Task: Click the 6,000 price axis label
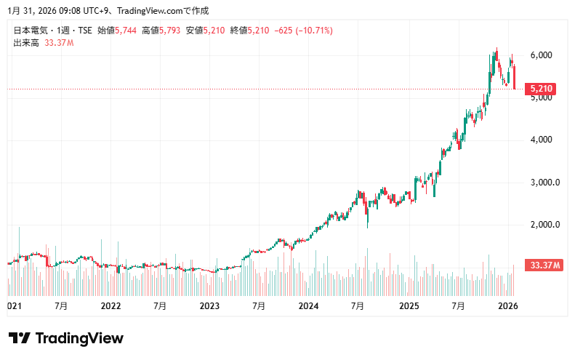(542, 55)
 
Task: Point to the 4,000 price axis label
(542, 140)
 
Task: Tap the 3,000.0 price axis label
(544, 182)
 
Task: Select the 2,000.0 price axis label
(544, 224)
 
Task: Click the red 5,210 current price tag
(542, 89)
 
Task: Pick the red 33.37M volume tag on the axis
(545, 266)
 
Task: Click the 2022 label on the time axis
(110, 307)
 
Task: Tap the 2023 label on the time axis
(209, 307)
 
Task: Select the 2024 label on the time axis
(308, 307)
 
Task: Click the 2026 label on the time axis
(507, 307)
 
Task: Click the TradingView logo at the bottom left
(65, 338)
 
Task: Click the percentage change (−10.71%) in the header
(314, 31)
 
